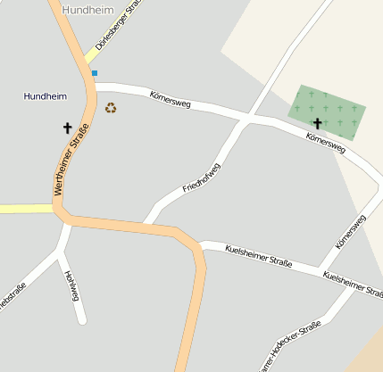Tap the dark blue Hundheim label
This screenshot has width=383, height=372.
[46, 95]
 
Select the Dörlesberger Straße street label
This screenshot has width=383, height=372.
[118, 26]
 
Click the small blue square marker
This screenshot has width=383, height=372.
[94, 73]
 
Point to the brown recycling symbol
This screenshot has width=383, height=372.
[111, 108]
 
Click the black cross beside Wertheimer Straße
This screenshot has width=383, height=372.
[67, 128]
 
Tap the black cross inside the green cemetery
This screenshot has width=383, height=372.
[317, 123]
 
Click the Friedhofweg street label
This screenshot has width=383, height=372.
[201, 178]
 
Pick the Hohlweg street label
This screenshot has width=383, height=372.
[72, 285]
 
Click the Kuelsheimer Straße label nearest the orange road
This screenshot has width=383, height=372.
[258, 254]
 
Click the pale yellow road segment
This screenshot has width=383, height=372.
[25, 209]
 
